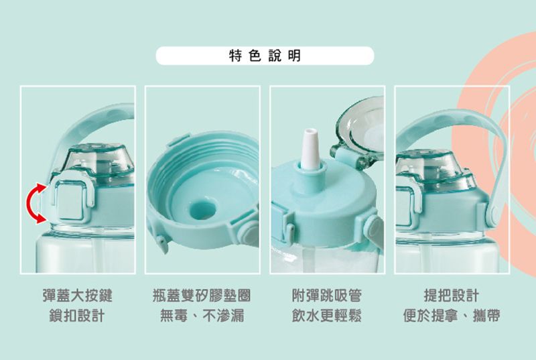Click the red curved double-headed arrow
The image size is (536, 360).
[x=30, y=204]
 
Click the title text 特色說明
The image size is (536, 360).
[x=265, y=56]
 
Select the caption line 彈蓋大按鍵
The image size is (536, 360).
[x=78, y=296]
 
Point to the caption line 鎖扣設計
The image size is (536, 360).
[x=77, y=316]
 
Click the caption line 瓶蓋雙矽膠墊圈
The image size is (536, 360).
[x=202, y=296]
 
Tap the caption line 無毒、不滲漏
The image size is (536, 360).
[x=202, y=316]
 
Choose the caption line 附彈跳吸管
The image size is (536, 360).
[x=327, y=296]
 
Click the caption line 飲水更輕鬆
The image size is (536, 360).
[x=327, y=316]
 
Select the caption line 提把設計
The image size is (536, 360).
[x=452, y=296]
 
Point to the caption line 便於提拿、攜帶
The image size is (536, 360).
[x=452, y=316]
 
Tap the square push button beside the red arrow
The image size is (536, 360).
[x=70, y=200]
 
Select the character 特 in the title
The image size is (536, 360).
[x=235, y=56]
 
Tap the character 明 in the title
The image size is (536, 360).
[x=295, y=56]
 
